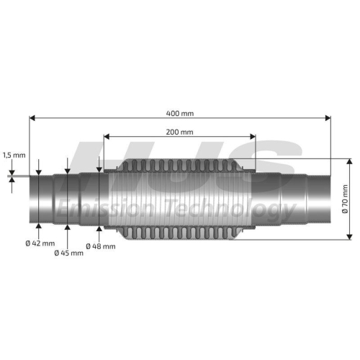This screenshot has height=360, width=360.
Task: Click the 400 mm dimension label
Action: coord(180,113)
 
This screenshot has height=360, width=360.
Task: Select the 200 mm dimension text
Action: coord(180,132)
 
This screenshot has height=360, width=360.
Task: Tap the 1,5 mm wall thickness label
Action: coord(14,155)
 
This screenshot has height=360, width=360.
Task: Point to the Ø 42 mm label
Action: coord(40,243)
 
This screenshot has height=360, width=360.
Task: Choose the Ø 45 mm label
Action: coord(68,253)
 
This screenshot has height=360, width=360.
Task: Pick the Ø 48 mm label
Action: coord(101,246)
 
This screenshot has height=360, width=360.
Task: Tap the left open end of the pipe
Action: coord(32,199)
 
